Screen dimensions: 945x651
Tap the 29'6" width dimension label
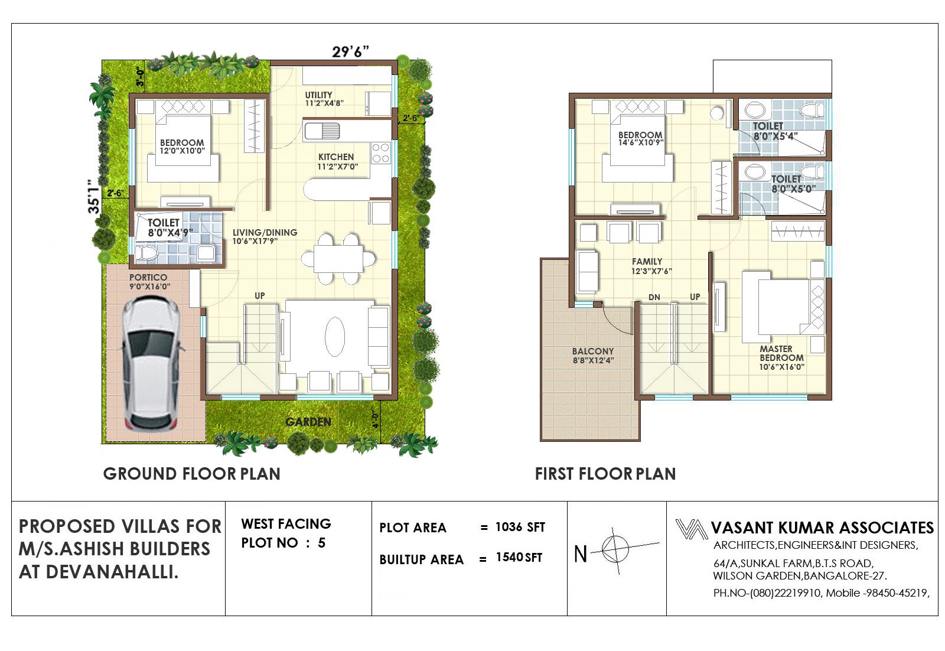350,51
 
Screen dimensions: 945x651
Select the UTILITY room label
318,95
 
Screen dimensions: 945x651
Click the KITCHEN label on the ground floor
336,157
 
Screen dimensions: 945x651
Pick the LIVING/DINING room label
265,232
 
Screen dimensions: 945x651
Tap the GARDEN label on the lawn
308,421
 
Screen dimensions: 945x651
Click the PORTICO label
148,277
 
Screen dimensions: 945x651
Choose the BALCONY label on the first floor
593,351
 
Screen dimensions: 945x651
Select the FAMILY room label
647,262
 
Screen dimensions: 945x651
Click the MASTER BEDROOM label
781,353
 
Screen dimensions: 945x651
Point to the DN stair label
654,297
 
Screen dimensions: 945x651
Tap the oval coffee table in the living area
334,336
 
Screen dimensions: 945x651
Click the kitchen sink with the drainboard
322,131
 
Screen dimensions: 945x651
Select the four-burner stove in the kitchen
380,153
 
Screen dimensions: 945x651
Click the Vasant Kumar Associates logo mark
691,529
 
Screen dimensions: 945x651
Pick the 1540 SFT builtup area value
519,557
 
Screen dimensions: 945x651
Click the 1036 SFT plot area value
520,527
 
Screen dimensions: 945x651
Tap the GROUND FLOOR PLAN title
191,474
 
